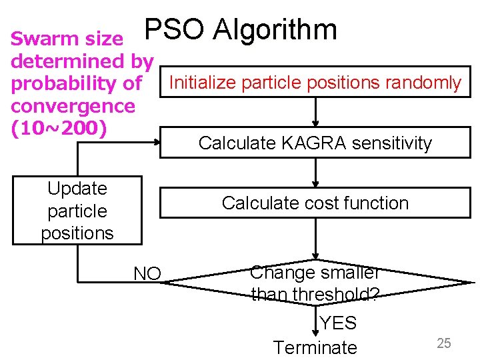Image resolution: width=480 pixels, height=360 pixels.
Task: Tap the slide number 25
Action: [444, 343]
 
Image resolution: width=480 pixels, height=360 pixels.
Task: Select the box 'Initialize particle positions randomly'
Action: [315, 83]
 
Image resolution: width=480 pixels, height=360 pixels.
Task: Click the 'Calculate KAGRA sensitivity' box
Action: [315, 143]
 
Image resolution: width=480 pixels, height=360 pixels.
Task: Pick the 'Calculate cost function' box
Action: [315, 203]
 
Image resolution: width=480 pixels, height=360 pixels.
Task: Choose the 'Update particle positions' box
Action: [77, 211]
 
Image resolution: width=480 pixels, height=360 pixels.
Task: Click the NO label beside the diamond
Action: [147, 273]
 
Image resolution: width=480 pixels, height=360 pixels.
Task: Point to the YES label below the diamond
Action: [339, 323]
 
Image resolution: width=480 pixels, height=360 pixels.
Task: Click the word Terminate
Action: [315, 347]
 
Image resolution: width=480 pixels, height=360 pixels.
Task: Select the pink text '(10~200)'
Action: [59, 127]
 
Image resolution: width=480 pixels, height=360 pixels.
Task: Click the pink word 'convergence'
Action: [73, 105]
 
